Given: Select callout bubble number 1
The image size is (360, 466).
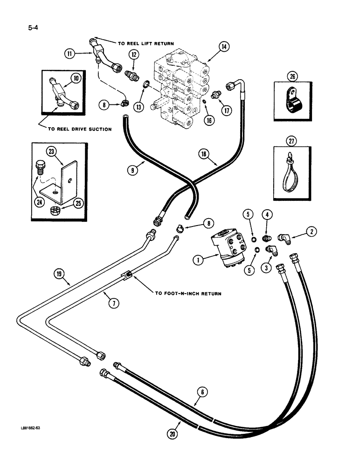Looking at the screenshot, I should pos(198,261).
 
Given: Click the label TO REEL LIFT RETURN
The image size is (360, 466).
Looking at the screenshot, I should pos(146,43).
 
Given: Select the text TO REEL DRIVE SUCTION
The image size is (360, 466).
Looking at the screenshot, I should pos(76,129).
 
